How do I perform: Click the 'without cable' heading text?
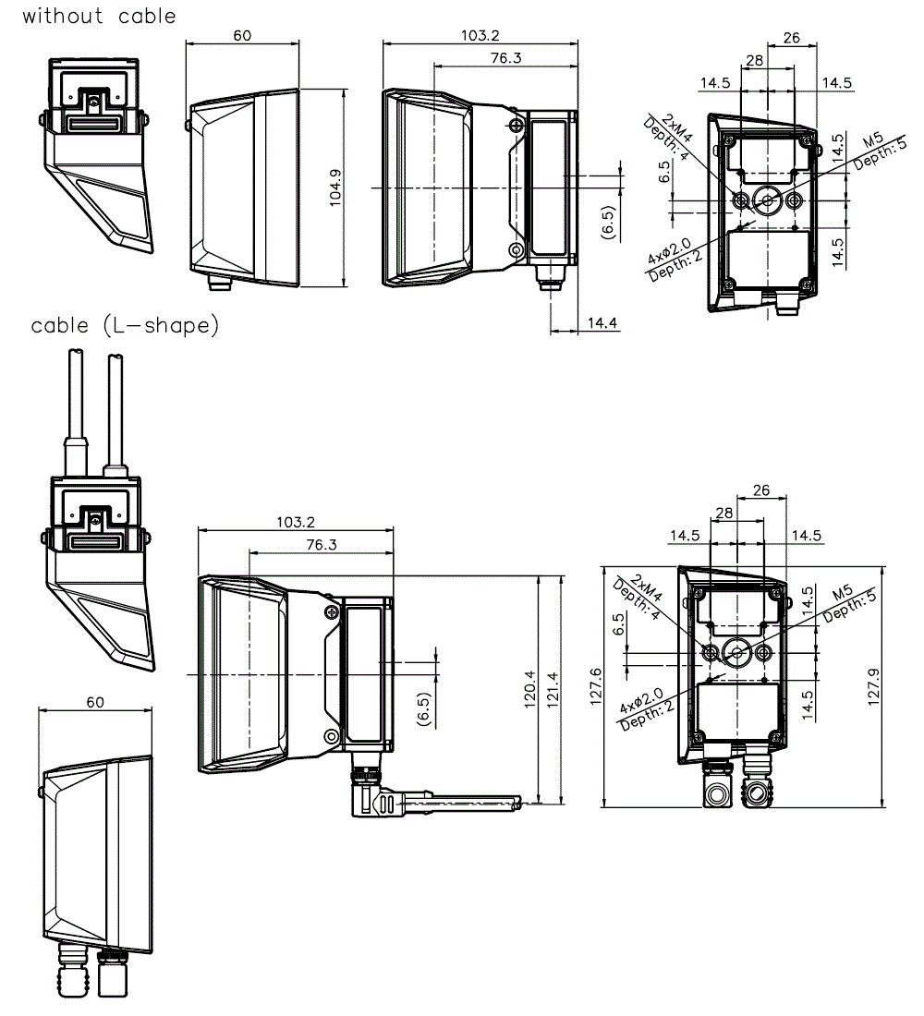point(99,16)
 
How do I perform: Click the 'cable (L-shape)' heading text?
point(125,325)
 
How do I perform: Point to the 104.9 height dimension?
point(335,187)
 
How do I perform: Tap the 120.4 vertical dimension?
point(529,691)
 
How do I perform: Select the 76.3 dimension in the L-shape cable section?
point(321,545)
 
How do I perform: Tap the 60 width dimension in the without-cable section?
point(242,35)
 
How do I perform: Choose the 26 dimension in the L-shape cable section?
point(761,491)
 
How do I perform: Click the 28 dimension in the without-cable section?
point(754,60)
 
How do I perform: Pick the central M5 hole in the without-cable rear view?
point(767,199)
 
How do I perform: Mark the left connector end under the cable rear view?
point(716,793)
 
